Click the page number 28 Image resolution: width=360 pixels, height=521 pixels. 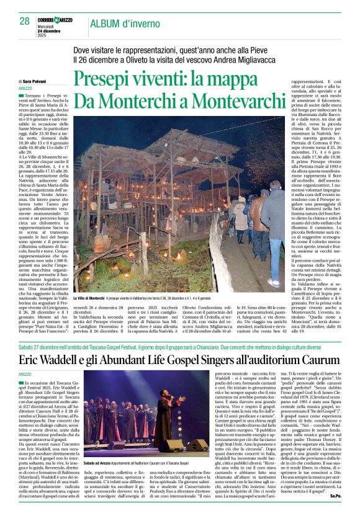click(x=25, y=21)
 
